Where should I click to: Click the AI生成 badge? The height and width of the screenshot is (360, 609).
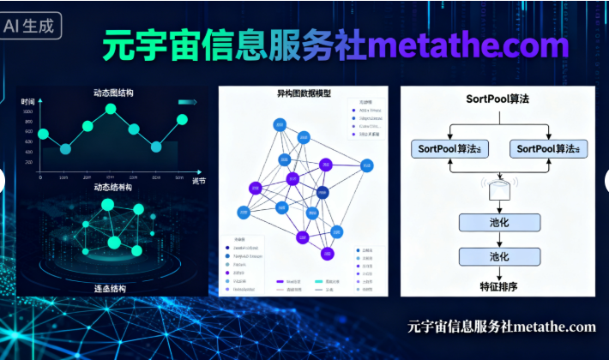click(33, 26)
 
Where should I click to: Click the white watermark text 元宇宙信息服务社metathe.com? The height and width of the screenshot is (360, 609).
click(501, 327)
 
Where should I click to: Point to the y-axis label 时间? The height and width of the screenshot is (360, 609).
click(28, 101)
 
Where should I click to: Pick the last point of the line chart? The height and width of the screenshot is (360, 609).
click(182, 119)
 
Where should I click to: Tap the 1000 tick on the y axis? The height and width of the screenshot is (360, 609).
click(27, 111)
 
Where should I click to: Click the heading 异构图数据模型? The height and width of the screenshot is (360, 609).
click(304, 93)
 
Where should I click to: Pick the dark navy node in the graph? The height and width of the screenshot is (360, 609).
click(323, 192)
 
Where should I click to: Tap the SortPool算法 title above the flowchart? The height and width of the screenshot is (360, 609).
click(497, 99)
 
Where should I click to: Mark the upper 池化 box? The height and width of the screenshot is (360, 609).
click(499, 223)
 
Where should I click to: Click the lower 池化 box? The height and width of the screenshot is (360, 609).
click(499, 255)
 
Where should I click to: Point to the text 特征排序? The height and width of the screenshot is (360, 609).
click(499, 285)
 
